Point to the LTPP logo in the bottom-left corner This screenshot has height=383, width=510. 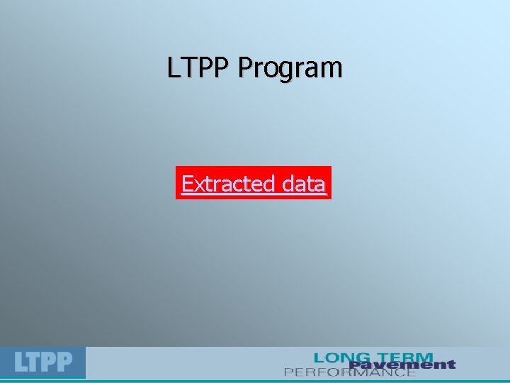click(x=43, y=362)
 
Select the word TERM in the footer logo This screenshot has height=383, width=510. click(x=403, y=357)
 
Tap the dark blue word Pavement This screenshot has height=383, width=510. click(x=402, y=365)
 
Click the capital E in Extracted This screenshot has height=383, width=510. click(x=188, y=184)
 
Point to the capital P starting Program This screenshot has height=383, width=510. click(x=245, y=68)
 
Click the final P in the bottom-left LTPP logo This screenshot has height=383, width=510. click(x=64, y=363)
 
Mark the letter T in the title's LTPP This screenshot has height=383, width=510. click(x=188, y=68)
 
